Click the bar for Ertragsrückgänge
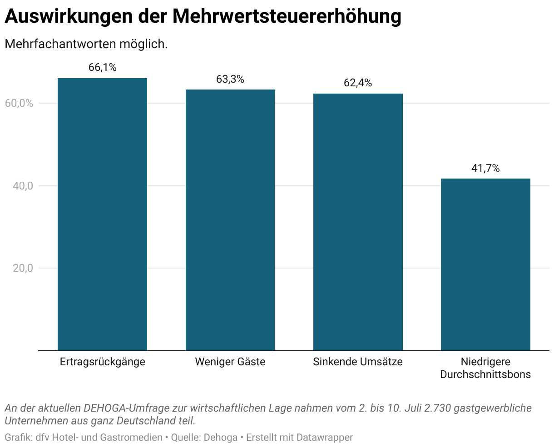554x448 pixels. click(102, 214)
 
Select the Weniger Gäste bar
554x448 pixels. click(230, 220)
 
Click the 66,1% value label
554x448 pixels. click(102, 67)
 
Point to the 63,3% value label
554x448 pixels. click(230, 79)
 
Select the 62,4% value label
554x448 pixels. click(358, 83)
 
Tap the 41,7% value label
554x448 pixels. click(485, 168)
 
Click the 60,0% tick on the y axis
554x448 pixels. click(19, 103)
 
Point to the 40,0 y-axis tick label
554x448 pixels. click(23, 186)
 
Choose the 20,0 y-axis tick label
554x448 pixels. click(23, 268)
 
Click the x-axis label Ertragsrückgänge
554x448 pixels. click(102, 362)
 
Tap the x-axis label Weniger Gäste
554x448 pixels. click(230, 362)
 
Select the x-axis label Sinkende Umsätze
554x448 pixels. click(358, 362)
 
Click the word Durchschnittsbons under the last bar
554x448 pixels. click(485, 374)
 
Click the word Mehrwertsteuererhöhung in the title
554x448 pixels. click(287, 16)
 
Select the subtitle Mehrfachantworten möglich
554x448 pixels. click(86, 45)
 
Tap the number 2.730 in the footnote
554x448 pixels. click(437, 408)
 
